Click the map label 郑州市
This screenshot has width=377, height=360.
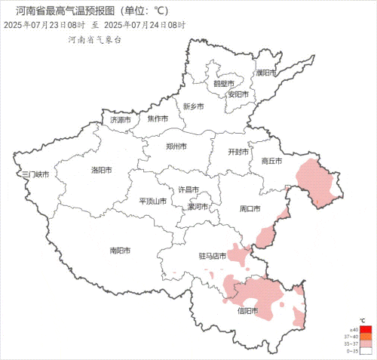coord(178,147)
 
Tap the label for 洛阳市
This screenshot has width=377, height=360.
coord(102,170)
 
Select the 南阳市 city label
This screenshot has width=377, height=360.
coord(120,250)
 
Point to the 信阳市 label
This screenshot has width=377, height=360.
coord(247,310)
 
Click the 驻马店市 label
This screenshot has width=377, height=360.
coord(213,256)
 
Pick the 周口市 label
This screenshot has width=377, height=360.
coord(250,208)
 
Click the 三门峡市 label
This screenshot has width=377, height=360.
coord(35,175)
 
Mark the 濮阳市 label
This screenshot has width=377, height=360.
coord(266,72)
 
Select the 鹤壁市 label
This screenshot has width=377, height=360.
coord(223,83)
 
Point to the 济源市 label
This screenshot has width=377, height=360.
coord(121,119)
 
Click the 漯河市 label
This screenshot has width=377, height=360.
coord(199,206)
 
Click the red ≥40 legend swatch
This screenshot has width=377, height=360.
coord(365,330)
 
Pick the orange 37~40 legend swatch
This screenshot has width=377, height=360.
coord(365,337)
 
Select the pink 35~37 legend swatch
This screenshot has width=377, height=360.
coord(365,343)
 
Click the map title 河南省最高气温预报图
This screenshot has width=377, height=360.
coord(75,11)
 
